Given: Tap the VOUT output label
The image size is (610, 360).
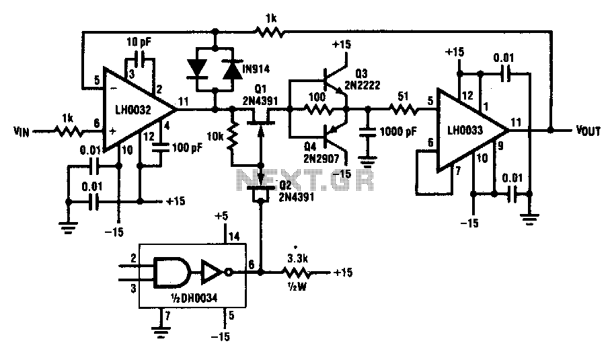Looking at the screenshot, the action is [588, 131].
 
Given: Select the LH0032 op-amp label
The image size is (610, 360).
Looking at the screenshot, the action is [132, 110].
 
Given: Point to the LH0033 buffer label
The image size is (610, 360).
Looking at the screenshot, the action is [465, 130].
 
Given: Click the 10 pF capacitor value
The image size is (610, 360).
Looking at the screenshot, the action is [139, 41].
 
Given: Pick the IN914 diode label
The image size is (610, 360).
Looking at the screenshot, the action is [256, 69].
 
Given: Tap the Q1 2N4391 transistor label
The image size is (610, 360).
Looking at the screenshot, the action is [260, 96].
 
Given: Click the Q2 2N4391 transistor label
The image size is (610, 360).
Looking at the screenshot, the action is [296, 191].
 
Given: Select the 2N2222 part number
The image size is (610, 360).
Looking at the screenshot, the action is [363, 85].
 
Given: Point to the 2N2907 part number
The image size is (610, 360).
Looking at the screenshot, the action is [321, 158].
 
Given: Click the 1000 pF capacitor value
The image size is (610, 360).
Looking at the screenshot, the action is [398, 131].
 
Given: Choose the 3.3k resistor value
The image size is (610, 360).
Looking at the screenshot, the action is [298, 258].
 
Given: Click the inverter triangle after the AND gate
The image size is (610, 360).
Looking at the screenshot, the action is [213, 272].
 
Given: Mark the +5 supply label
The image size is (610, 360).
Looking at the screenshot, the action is [221, 217].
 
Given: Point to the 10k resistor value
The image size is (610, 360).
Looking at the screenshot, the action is [215, 137].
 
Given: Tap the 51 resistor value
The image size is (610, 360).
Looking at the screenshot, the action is [404, 96].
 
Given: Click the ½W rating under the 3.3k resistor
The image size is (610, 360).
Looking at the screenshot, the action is [298, 287].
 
